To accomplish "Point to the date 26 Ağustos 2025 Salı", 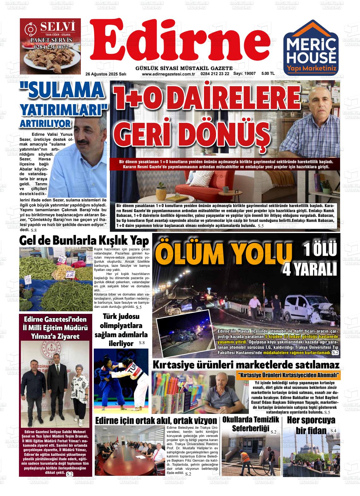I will [106, 74].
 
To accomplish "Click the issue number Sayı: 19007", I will [244, 74].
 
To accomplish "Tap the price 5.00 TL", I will [268, 74].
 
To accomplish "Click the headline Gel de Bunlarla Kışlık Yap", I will [84, 241].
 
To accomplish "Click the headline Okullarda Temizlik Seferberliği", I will [251, 424].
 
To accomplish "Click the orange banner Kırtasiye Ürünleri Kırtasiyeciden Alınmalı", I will [289, 375].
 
